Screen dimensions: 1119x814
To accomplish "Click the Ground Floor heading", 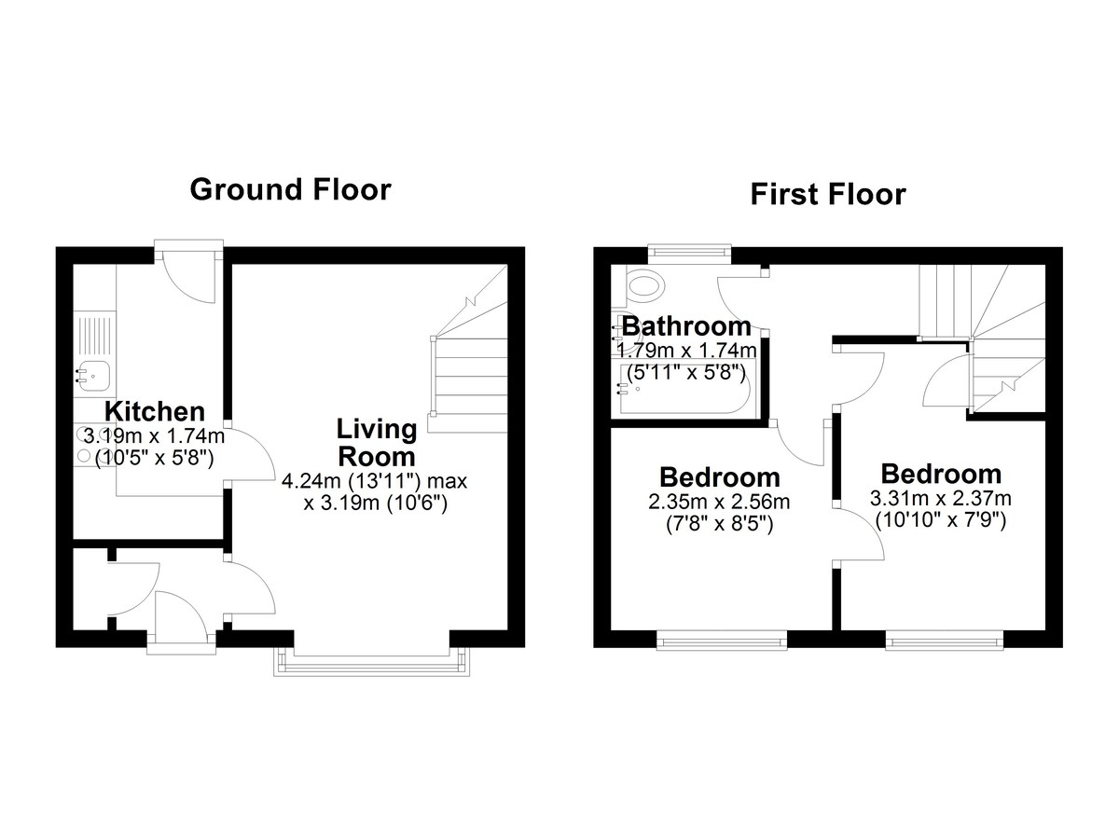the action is [x=291, y=190].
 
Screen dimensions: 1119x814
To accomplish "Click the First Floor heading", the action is [x=828, y=194].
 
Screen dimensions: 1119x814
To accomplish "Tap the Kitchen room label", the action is [x=155, y=412].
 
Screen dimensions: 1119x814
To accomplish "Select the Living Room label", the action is [x=377, y=443].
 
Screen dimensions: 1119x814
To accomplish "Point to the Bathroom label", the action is [x=686, y=326].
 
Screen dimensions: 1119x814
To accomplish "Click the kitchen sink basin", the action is [x=95, y=376].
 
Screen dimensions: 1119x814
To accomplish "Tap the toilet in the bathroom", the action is [x=645, y=285].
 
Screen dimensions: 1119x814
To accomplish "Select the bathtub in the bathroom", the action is [x=689, y=389].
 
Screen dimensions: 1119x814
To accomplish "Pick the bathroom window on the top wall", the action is [x=689, y=251].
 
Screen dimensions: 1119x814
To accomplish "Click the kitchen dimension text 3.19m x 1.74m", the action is [x=154, y=436].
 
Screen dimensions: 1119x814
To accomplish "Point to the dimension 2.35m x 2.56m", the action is [x=719, y=502].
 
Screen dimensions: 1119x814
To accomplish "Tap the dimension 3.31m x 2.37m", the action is [x=941, y=498].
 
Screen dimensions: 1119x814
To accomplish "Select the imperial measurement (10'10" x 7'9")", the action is [x=941, y=521].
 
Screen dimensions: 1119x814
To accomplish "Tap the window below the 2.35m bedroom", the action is [x=722, y=641].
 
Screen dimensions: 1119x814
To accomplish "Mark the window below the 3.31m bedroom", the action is [x=944, y=641].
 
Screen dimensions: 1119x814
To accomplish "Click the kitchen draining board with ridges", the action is [x=95, y=332].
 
